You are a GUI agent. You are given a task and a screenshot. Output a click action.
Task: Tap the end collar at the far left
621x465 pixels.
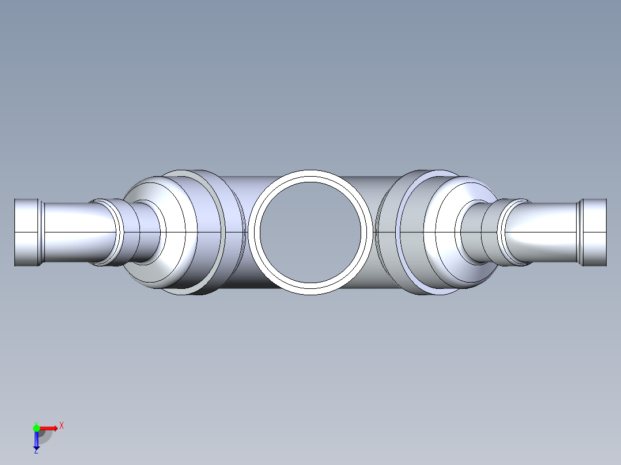point(26,232)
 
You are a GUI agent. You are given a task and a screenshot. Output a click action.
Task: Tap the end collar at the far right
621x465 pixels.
point(595,232)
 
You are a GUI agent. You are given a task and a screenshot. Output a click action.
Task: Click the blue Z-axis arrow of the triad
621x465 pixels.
point(36,440)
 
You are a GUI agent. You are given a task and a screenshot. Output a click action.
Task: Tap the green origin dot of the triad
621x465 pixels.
point(36,428)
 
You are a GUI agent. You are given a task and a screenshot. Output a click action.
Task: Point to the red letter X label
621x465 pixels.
point(62,426)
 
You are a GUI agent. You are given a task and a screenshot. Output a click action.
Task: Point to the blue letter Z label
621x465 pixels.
point(36,451)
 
